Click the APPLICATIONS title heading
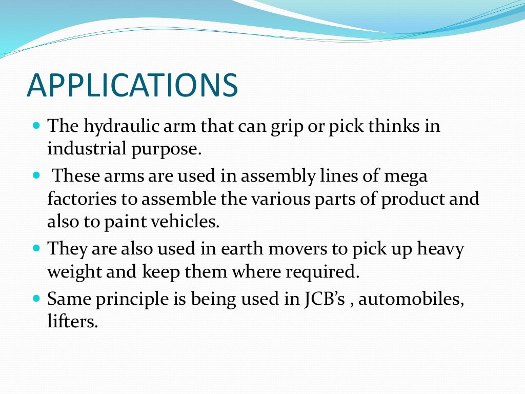click(x=132, y=85)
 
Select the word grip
click(x=284, y=127)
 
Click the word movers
click(x=299, y=249)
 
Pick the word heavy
click(x=440, y=249)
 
